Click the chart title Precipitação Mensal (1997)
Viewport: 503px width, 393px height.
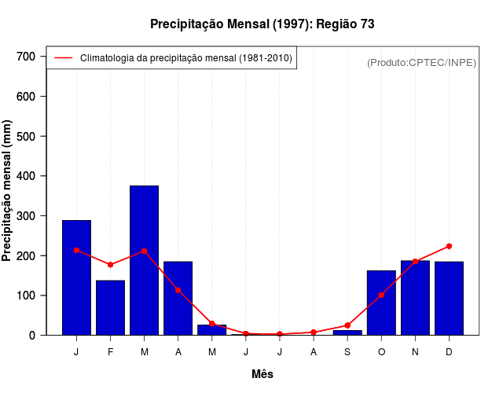click(262, 24)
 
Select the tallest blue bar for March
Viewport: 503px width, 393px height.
click(144, 260)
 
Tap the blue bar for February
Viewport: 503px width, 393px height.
click(110, 307)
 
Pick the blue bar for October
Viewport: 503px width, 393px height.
click(381, 303)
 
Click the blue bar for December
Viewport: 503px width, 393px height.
click(449, 298)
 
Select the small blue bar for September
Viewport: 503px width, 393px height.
click(347, 332)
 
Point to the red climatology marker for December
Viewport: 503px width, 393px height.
click(449, 246)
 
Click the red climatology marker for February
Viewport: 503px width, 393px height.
click(110, 265)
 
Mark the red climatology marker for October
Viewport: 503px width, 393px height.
click(381, 295)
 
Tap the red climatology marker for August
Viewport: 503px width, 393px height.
click(314, 332)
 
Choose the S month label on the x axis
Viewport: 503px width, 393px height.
click(347, 352)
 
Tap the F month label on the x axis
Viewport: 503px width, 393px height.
click(110, 352)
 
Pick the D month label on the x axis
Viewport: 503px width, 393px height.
click(449, 352)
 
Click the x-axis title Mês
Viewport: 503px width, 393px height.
click(262, 374)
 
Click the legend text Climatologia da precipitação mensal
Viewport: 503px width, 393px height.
click(186, 58)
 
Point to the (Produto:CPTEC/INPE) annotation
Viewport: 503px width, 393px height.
click(421, 62)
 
